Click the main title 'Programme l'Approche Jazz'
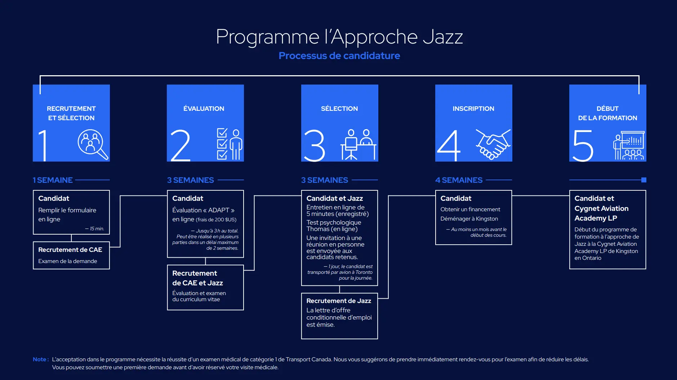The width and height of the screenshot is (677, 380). [x=339, y=37]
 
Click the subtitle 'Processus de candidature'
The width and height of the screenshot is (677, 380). [x=339, y=56]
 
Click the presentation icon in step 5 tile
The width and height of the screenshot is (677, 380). [x=629, y=145]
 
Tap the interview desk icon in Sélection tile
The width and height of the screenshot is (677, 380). [x=358, y=144]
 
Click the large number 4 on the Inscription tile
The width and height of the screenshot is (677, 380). [x=449, y=146]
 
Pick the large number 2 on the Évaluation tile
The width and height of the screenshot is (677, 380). [x=181, y=145]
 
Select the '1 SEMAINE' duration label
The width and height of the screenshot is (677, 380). [x=53, y=180]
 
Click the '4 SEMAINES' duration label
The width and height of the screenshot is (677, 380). [x=459, y=180]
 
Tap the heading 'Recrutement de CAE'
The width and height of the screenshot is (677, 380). [x=70, y=250]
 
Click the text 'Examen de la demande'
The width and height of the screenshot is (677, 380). [x=68, y=261]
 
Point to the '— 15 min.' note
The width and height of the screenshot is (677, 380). [x=95, y=229]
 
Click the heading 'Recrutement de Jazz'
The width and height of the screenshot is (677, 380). [x=339, y=301]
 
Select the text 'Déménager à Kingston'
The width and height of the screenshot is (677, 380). [x=469, y=219]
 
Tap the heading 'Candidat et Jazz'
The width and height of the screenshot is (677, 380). [x=335, y=198]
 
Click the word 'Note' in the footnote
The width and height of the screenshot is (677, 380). [x=40, y=359]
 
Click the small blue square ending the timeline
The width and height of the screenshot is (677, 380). [x=644, y=180]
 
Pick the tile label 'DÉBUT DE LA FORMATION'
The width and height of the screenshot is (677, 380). [x=607, y=113]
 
